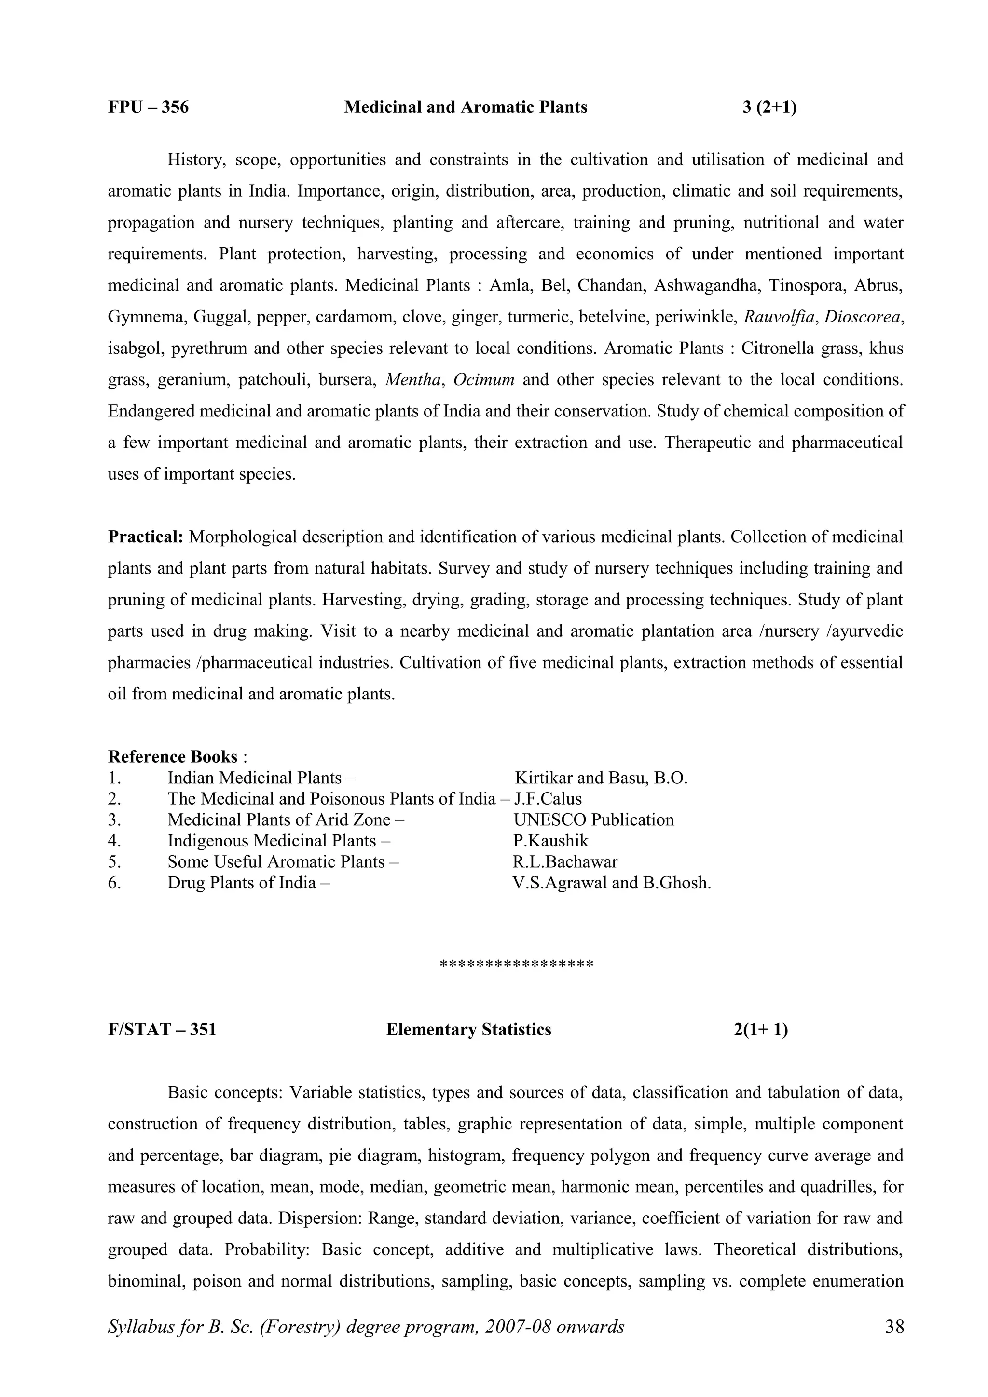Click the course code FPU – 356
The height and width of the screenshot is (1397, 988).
click(x=148, y=107)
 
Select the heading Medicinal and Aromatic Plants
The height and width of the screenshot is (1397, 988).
click(x=465, y=107)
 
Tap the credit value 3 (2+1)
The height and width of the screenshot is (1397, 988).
click(x=769, y=107)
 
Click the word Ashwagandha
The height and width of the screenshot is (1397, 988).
click(x=705, y=285)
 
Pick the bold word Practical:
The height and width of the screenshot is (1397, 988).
click(x=146, y=537)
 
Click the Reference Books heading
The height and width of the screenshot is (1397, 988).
click(x=173, y=756)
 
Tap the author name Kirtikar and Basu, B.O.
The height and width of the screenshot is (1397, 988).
click(x=601, y=778)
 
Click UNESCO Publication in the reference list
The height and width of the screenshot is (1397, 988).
click(x=593, y=819)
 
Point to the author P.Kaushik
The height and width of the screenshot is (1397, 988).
click(x=550, y=840)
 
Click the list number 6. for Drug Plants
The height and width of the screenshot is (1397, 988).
click(x=114, y=882)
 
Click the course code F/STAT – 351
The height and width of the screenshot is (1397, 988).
click(x=162, y=1030)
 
